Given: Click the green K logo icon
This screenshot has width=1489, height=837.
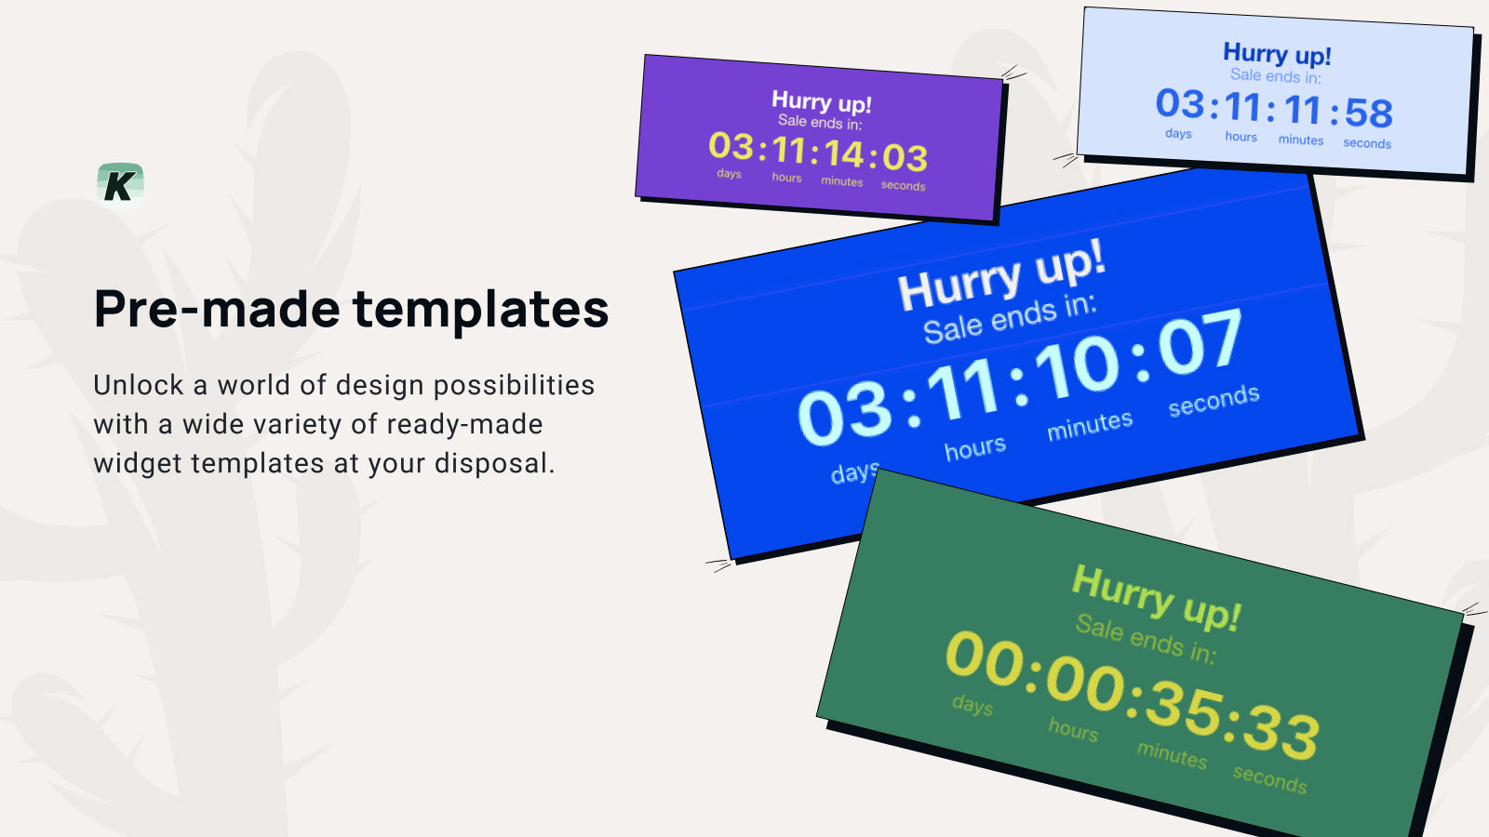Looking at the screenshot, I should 120,184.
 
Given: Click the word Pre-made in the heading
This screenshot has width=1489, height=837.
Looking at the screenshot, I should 217,310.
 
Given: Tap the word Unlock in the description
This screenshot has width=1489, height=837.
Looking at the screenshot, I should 139,385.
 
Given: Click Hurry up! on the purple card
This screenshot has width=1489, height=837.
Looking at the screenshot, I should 821,101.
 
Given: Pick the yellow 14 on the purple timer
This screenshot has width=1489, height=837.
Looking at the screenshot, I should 843,153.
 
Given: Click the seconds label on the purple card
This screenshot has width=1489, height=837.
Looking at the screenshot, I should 903,186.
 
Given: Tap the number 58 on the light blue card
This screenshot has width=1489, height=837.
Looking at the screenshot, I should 1368,113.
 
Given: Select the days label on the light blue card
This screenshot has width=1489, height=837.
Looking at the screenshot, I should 1178,134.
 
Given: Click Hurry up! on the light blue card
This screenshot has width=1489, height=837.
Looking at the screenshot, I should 1277,54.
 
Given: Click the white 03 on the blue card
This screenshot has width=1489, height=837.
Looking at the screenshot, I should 844,414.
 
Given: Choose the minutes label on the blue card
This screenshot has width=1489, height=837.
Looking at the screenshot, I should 1090,426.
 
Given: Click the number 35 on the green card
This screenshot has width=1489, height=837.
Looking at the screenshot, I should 1182,708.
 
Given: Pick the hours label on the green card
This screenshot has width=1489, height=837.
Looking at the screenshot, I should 1073,730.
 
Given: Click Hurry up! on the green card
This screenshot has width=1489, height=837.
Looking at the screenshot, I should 1156,597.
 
